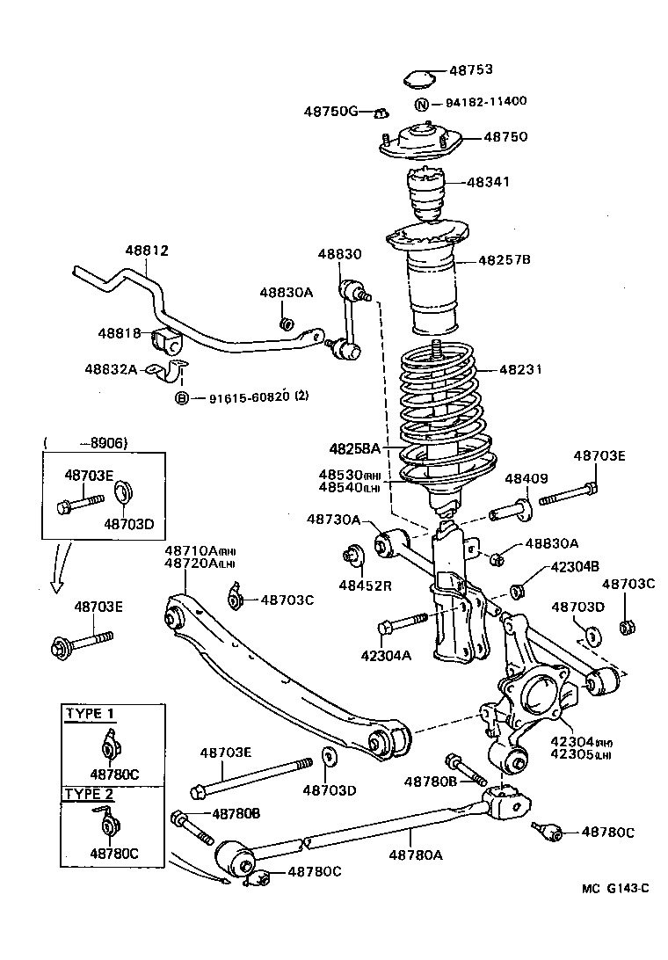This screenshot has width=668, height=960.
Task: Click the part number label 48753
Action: (471, 69)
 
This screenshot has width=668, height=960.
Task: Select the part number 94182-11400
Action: (485, 101)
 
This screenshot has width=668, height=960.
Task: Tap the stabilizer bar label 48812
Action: (146, 251)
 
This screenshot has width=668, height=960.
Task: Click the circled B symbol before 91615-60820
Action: (182, 398)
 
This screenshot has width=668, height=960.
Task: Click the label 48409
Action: (526, 479)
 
